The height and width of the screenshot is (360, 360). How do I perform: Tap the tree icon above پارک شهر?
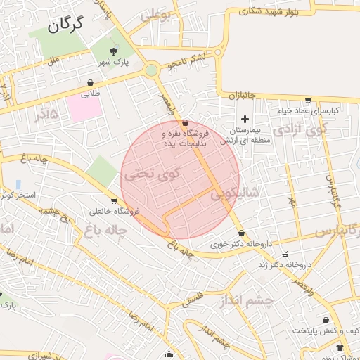pyautogui.click(x=115, y=51)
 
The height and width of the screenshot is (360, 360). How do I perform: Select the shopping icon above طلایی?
pyautogui.click(x=91, y=82)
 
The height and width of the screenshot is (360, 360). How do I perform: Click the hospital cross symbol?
pyautogui.click(x=245, y=120)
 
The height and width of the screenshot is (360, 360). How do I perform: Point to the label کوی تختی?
pyautogui.click(x=151, y=174)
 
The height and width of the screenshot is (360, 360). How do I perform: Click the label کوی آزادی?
pyautogui.click(x=300, y=129)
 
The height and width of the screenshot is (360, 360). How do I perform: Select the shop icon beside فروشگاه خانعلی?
pyautogui.click(x=94, y=200)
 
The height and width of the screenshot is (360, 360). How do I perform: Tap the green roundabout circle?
pyautogui.click(x=151, y=70)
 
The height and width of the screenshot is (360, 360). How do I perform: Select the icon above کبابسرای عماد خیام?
pyautogui.click(x=307, y=100)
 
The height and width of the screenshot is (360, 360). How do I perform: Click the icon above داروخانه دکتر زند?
pyautogui.click(x=285, y=254)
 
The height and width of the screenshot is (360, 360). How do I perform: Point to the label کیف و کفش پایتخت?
pyautogui.click(x=320, y=330)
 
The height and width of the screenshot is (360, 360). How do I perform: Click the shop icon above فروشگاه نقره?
pyautogui.click(x=185, y=122)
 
